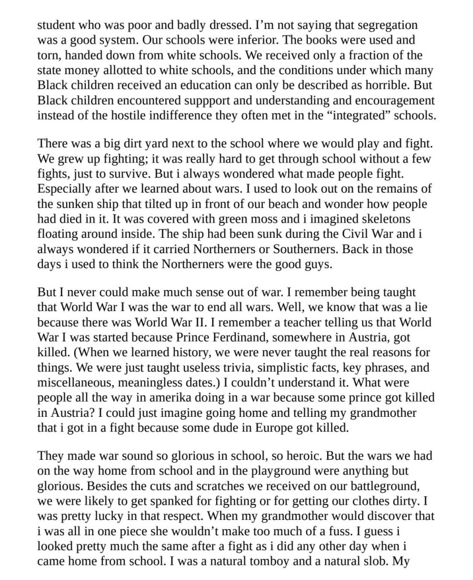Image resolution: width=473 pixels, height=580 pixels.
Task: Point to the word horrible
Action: point(397,85)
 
